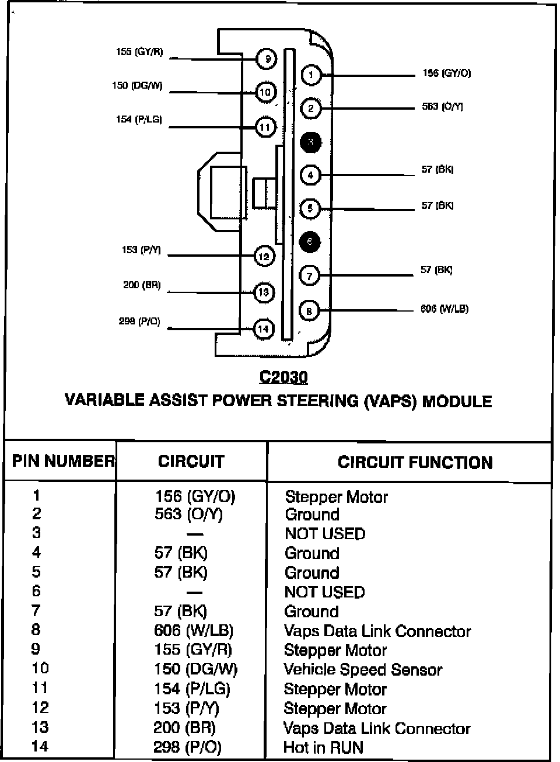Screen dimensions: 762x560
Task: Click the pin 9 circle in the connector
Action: [267, 59]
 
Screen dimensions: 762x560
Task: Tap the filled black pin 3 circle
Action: [311, 142]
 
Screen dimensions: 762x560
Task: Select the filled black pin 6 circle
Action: [310, 242]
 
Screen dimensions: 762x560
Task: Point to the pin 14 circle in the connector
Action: [264, 329]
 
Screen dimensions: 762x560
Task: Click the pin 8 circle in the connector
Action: [309, 311]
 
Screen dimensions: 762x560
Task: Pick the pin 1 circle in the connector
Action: [311, 75]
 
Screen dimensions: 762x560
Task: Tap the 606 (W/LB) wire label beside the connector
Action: [444, 309]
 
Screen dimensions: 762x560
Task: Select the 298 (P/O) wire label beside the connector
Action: [139, 321]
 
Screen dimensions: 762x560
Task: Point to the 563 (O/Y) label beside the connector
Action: [443, 107]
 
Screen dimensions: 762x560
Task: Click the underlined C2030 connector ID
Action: [283, 377]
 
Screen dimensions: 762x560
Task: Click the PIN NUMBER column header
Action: [63, 462]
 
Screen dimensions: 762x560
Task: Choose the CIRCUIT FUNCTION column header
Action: [415, 463]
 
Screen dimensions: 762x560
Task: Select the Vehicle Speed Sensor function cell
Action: [363, 670]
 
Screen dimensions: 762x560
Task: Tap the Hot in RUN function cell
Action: [323, 747]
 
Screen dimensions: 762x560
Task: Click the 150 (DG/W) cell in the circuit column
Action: [196, 669]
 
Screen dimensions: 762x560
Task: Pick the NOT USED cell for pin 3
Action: [325, 534]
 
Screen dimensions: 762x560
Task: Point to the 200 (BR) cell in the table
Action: [185, 728]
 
